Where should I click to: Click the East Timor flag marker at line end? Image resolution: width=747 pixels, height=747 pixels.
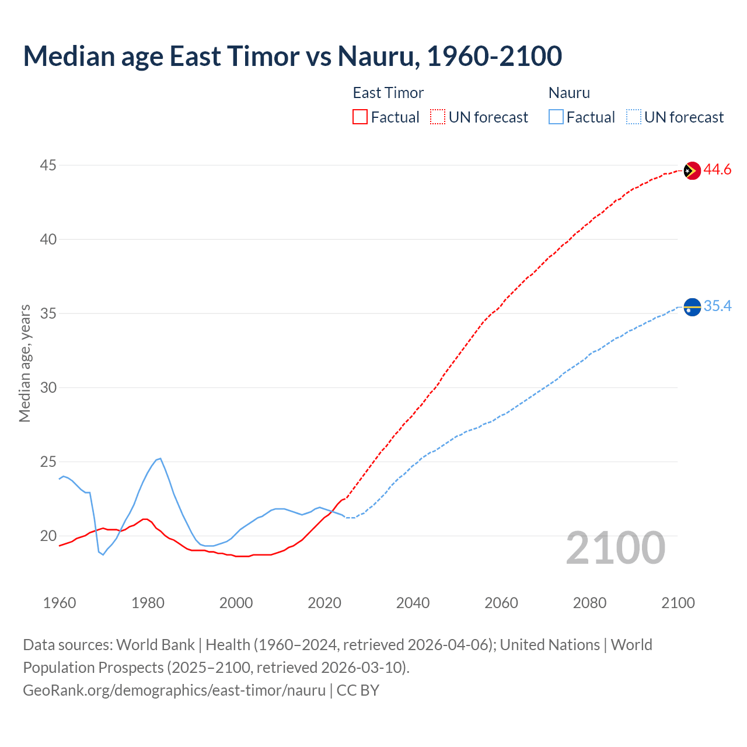click(x=692, y=170)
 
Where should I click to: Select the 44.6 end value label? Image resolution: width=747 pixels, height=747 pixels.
click(x=717, y=170)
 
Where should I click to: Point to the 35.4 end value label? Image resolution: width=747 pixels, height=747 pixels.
click(x=717, y=306)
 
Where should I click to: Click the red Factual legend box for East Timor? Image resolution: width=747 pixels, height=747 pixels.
click(x=360, y=117)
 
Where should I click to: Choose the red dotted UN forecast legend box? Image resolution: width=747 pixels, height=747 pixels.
click(x=438, y=117)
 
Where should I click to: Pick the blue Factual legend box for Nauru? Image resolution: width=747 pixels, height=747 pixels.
click(x=556, y=117)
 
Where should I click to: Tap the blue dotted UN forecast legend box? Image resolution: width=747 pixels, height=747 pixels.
click(x=634, y=117)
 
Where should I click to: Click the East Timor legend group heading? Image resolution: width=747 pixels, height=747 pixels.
click(x=388, y=93)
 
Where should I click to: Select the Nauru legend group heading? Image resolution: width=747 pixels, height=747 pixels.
click(x=569, y=93)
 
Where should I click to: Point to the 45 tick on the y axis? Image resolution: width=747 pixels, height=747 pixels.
click(x=48, y=166)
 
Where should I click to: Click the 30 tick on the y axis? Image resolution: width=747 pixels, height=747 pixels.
click(x=48, y=388)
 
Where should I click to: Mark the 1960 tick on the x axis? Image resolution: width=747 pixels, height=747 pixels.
click(x=60, y=603)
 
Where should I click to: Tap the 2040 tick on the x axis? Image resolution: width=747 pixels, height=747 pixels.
click(x=413, y=603)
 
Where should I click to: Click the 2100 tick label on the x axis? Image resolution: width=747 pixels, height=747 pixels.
click(x=678, y=603)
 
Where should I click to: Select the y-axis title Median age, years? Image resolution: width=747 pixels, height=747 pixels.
click(x=25, y=363)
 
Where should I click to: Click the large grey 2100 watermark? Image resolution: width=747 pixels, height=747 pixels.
click(x=616, y=548)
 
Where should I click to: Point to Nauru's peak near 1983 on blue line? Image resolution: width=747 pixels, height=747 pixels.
click(x=160, y=459)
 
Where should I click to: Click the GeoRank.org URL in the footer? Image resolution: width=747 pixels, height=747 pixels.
click(x=174, y=690)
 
